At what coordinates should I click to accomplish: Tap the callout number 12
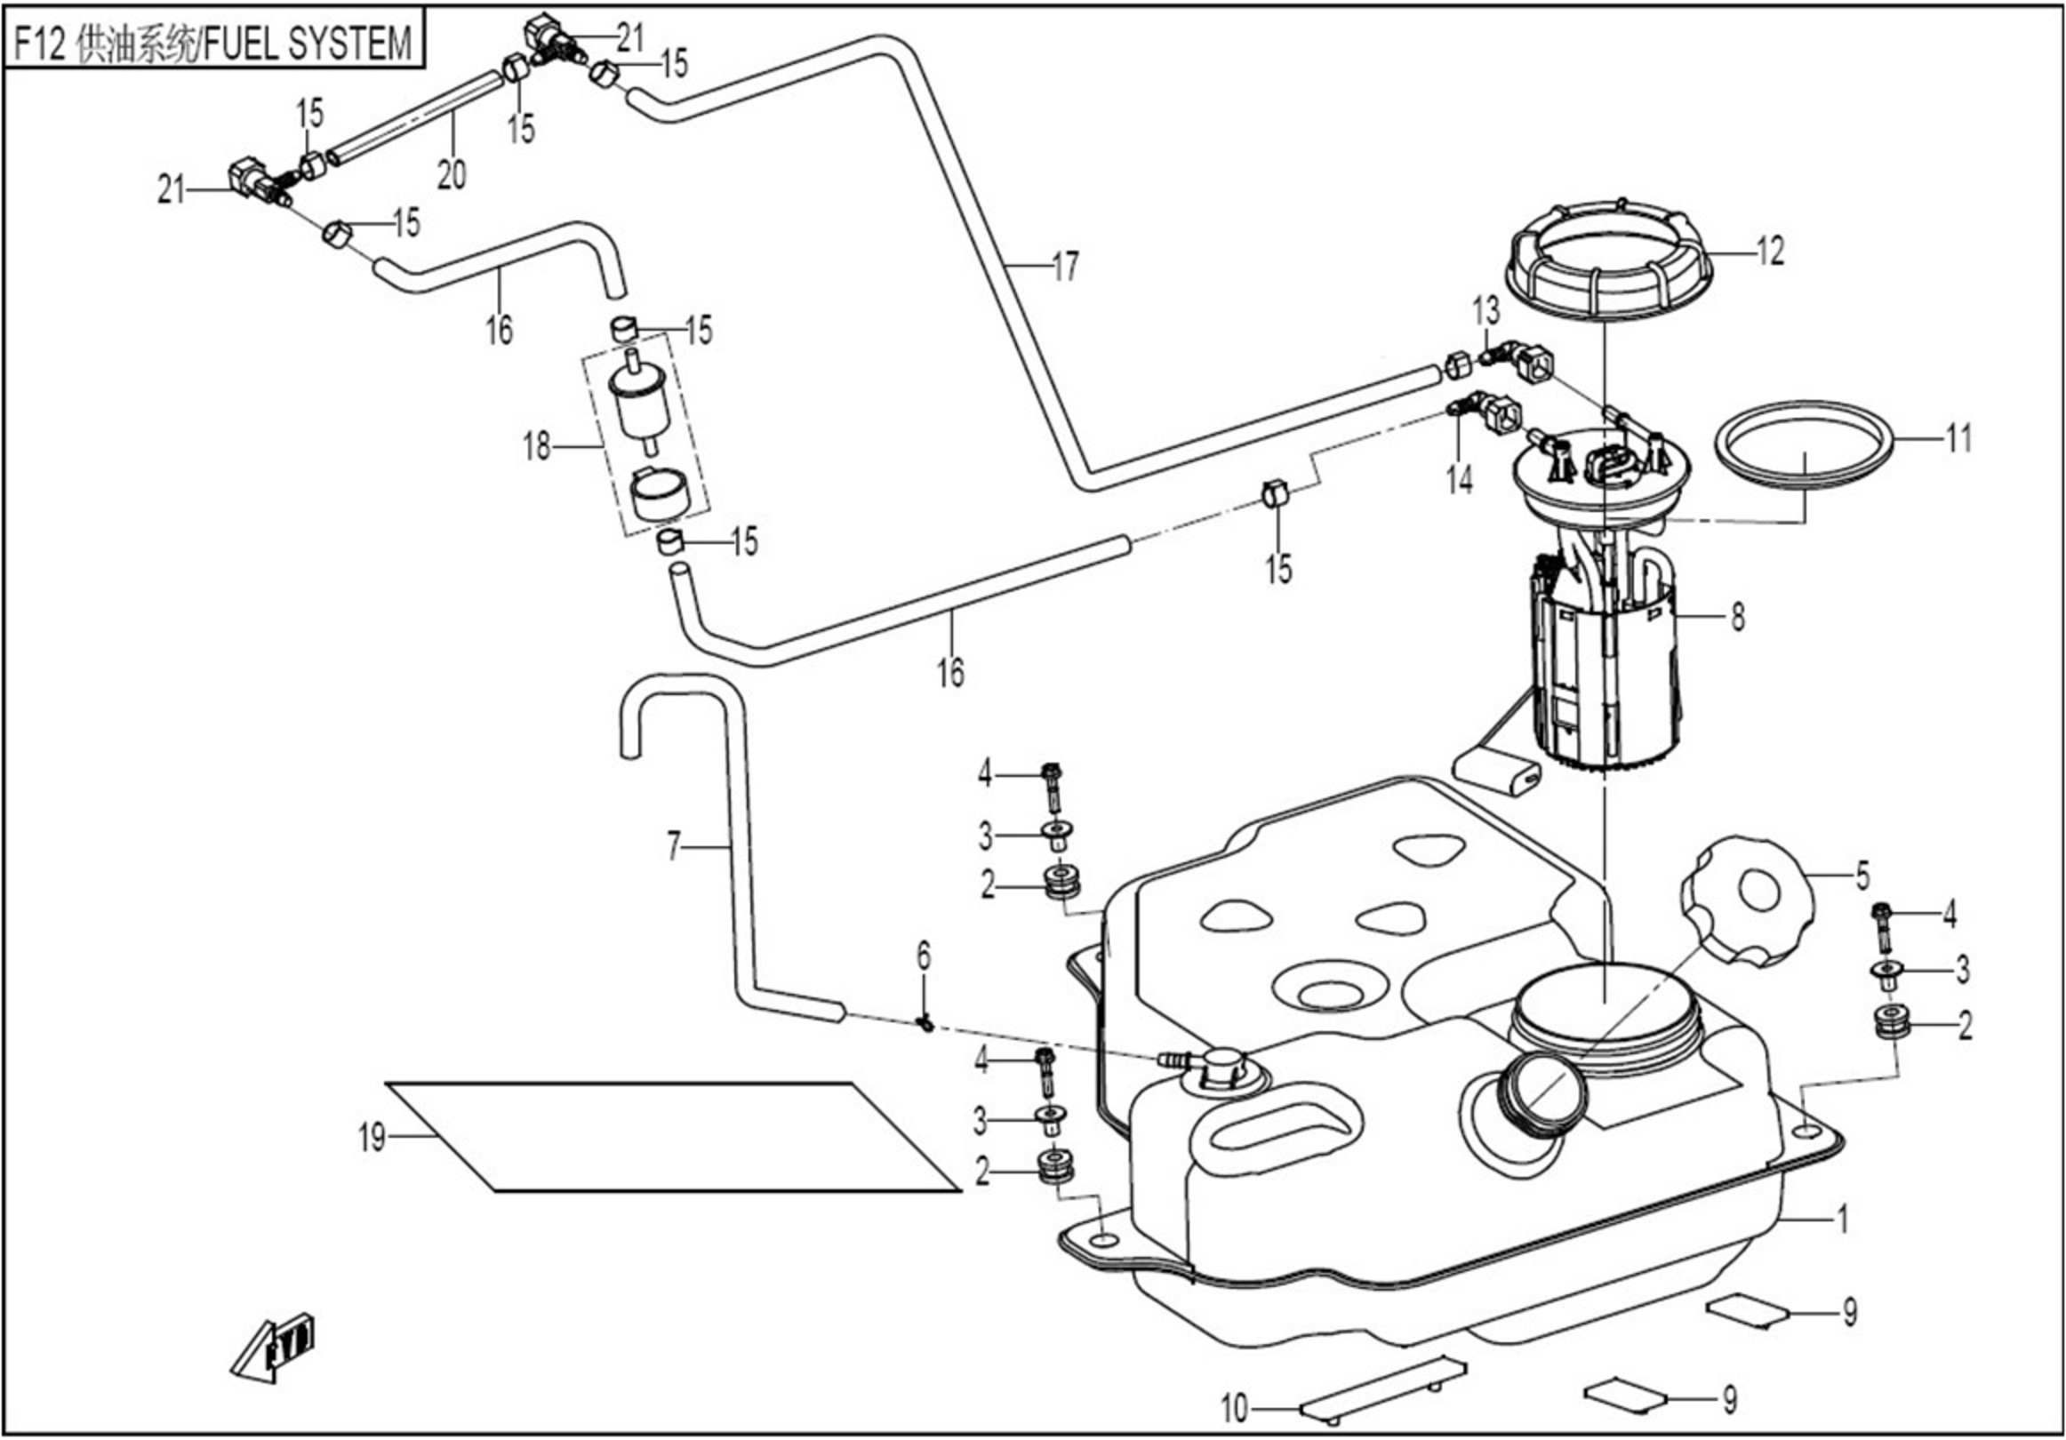pos(1770,251)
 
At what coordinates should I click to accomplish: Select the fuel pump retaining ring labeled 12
pos(1607,261)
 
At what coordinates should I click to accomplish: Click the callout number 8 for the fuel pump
pos(1738,618)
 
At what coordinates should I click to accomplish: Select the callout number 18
pos(537,446)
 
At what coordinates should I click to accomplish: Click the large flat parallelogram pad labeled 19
pos(672,1137)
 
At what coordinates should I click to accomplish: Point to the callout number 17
pos(1064,267)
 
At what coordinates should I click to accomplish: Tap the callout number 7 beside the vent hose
pos(674,846)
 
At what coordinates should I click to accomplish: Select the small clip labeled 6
pos(925,1021)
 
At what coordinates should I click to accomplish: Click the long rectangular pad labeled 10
pos(1383,1387)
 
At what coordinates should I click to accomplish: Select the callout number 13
pos(1485,311)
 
